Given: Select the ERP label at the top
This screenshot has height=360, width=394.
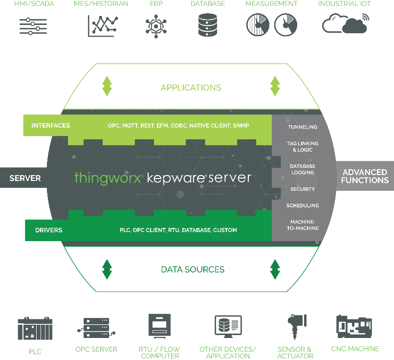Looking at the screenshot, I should point(156,4).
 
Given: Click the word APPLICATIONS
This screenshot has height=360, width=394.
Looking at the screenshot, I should point(191,88).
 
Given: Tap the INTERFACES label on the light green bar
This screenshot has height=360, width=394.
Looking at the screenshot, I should point(50,126).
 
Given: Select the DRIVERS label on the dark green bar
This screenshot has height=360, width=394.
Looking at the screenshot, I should point(48,230).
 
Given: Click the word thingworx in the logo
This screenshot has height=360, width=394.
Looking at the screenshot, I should point(108,177).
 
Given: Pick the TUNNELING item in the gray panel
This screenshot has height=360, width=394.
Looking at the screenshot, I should point(303,127).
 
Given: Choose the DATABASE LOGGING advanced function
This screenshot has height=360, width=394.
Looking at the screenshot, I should point(303,169).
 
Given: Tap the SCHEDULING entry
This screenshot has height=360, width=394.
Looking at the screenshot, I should point(303,205).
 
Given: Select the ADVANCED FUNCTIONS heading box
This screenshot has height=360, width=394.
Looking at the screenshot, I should point(365,176).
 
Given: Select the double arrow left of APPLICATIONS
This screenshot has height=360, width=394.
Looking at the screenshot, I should point(107,86).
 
